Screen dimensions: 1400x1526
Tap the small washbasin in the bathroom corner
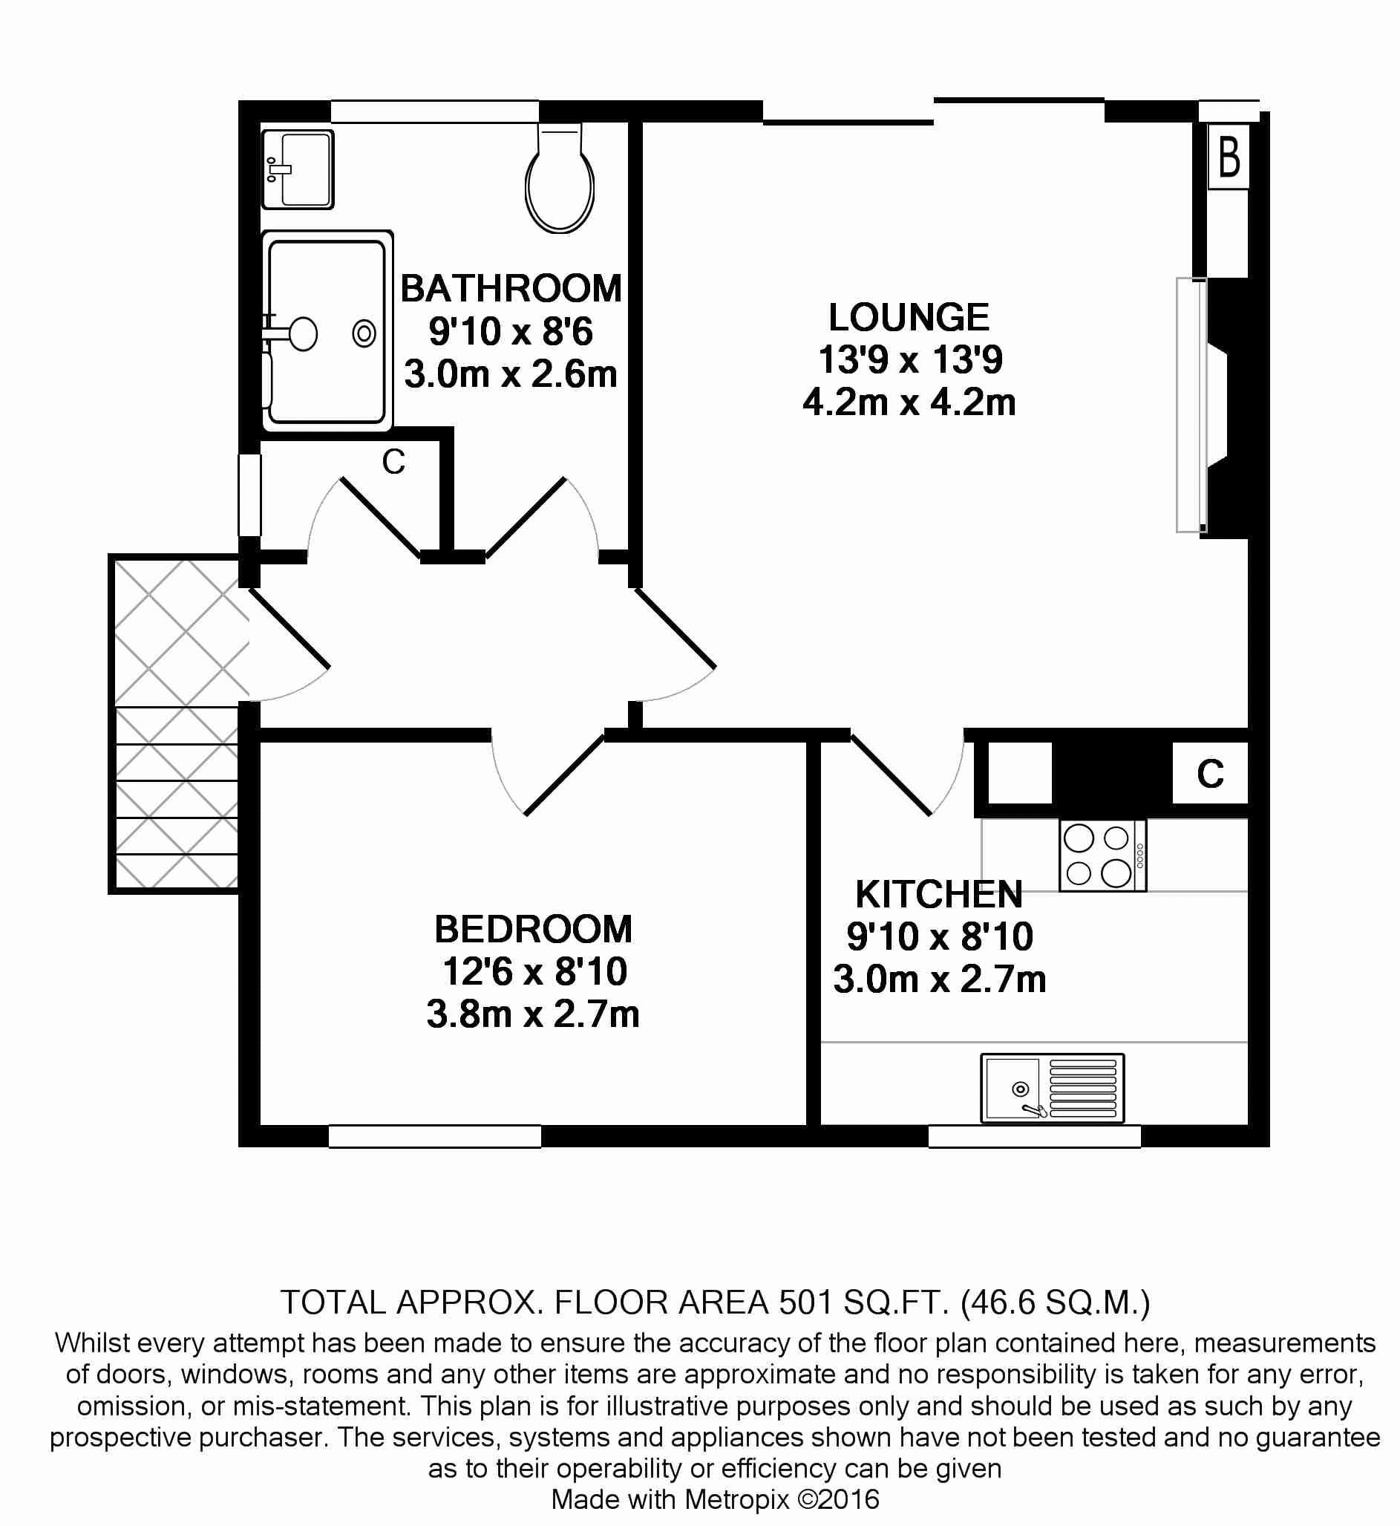(298, 169)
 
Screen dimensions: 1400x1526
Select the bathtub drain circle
(364, 333)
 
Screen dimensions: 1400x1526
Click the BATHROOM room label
(511, 289)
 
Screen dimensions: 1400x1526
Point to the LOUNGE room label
(909, 318)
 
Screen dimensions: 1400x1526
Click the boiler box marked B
(1228, 157)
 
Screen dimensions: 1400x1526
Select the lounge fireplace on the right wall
(1212, 406)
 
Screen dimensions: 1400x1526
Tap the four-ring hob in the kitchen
(1102, 855)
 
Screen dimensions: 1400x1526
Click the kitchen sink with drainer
(1053, 1088)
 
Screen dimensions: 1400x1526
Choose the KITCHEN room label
(938, 895)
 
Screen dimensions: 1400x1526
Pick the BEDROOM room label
(533, 930)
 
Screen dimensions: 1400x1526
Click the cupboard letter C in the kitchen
(1211, 774)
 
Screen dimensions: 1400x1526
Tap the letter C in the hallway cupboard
(394, 461)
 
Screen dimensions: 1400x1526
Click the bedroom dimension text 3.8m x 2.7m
(533, 1014)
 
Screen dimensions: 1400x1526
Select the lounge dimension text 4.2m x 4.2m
(909, 402)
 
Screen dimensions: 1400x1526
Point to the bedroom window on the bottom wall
(435, 1137)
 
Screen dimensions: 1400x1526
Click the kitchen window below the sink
(1035, 1137)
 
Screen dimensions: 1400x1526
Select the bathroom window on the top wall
(434, 111)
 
